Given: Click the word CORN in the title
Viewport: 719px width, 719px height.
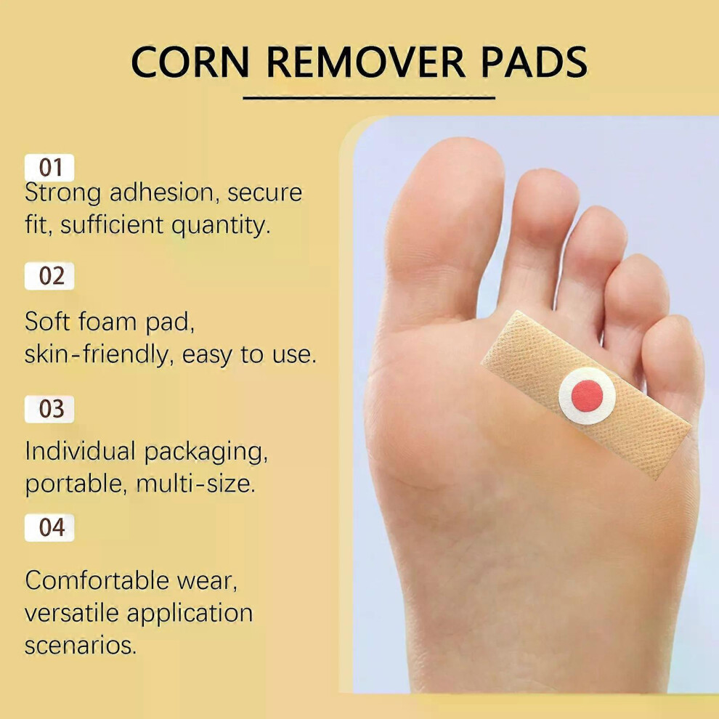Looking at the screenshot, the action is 190,62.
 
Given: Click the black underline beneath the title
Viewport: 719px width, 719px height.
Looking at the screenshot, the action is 369,97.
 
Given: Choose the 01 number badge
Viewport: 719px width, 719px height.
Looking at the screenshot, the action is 49,167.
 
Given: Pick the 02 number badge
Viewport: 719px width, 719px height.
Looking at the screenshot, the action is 49,276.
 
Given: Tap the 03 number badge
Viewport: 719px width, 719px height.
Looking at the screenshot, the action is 49,409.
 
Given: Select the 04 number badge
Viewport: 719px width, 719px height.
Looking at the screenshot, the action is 49,528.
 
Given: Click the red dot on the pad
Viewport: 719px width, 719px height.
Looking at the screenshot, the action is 587,396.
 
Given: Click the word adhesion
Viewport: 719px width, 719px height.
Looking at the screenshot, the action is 161,192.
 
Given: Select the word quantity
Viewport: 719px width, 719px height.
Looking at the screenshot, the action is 221,226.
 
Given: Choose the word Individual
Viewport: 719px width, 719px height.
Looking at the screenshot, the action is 80,451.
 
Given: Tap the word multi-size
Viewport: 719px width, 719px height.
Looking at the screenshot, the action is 196,484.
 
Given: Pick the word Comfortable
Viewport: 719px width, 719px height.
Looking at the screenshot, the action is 97,580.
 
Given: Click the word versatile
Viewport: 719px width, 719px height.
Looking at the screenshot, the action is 72,613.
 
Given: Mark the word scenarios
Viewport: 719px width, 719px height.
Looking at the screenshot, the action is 81,646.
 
